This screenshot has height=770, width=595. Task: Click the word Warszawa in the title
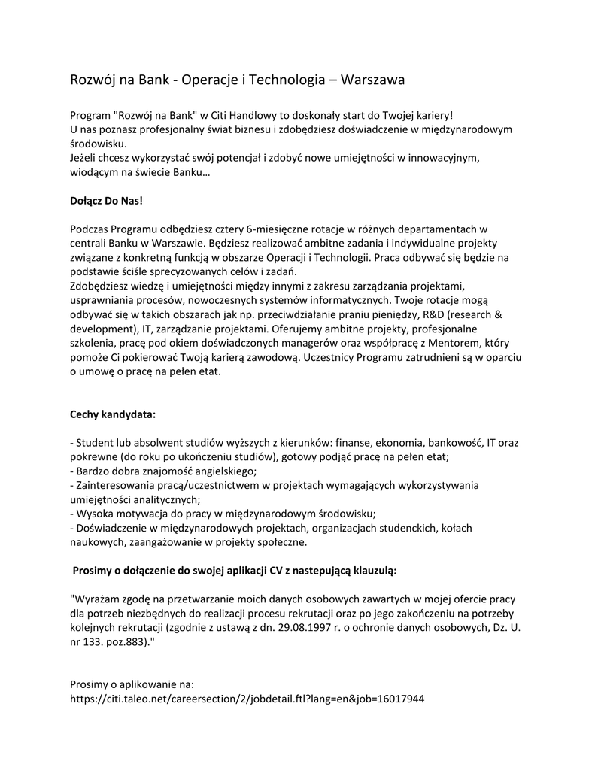(x=373, y=79)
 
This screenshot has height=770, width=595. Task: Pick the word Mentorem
(x=453, y=343)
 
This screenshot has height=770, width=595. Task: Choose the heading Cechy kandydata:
(x=113, y=414)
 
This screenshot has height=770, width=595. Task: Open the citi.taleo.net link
(x=247, y=699)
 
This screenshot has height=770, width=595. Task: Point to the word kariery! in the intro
(x=431, y=115)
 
